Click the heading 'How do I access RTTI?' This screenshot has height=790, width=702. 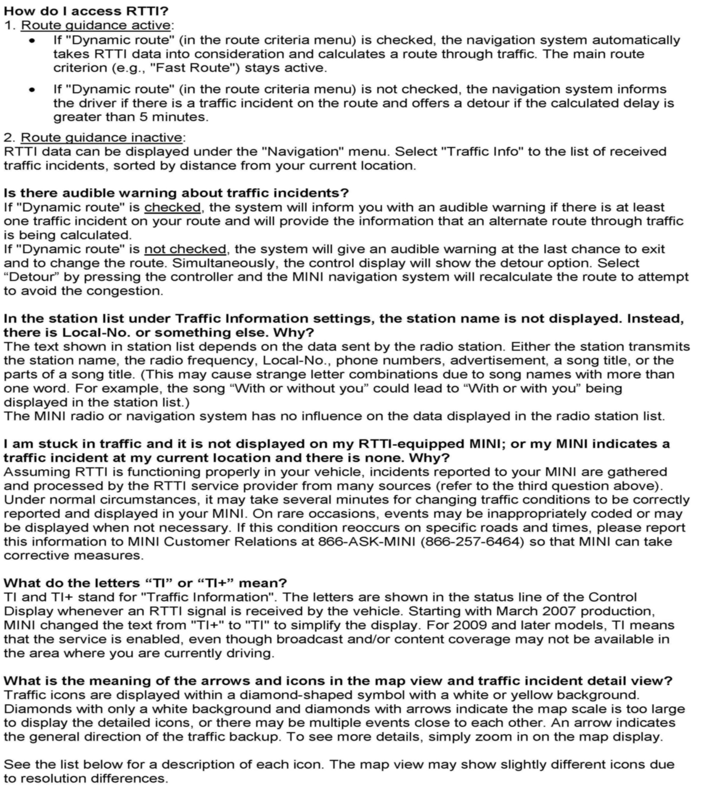pyautogui.click(x=86, y=11)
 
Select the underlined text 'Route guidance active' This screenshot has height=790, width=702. pyautogui.click(x=96, y=25)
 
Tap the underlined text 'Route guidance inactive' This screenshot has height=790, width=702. pyautogui.click(x=101, y=138)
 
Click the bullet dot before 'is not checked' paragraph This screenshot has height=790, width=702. pyautogui.click(x=32, y=90)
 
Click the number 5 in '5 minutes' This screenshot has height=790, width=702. pyautogui.click(x=144, y=117)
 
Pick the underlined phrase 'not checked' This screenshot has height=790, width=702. pyautogui.click(x=185, y=249)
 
